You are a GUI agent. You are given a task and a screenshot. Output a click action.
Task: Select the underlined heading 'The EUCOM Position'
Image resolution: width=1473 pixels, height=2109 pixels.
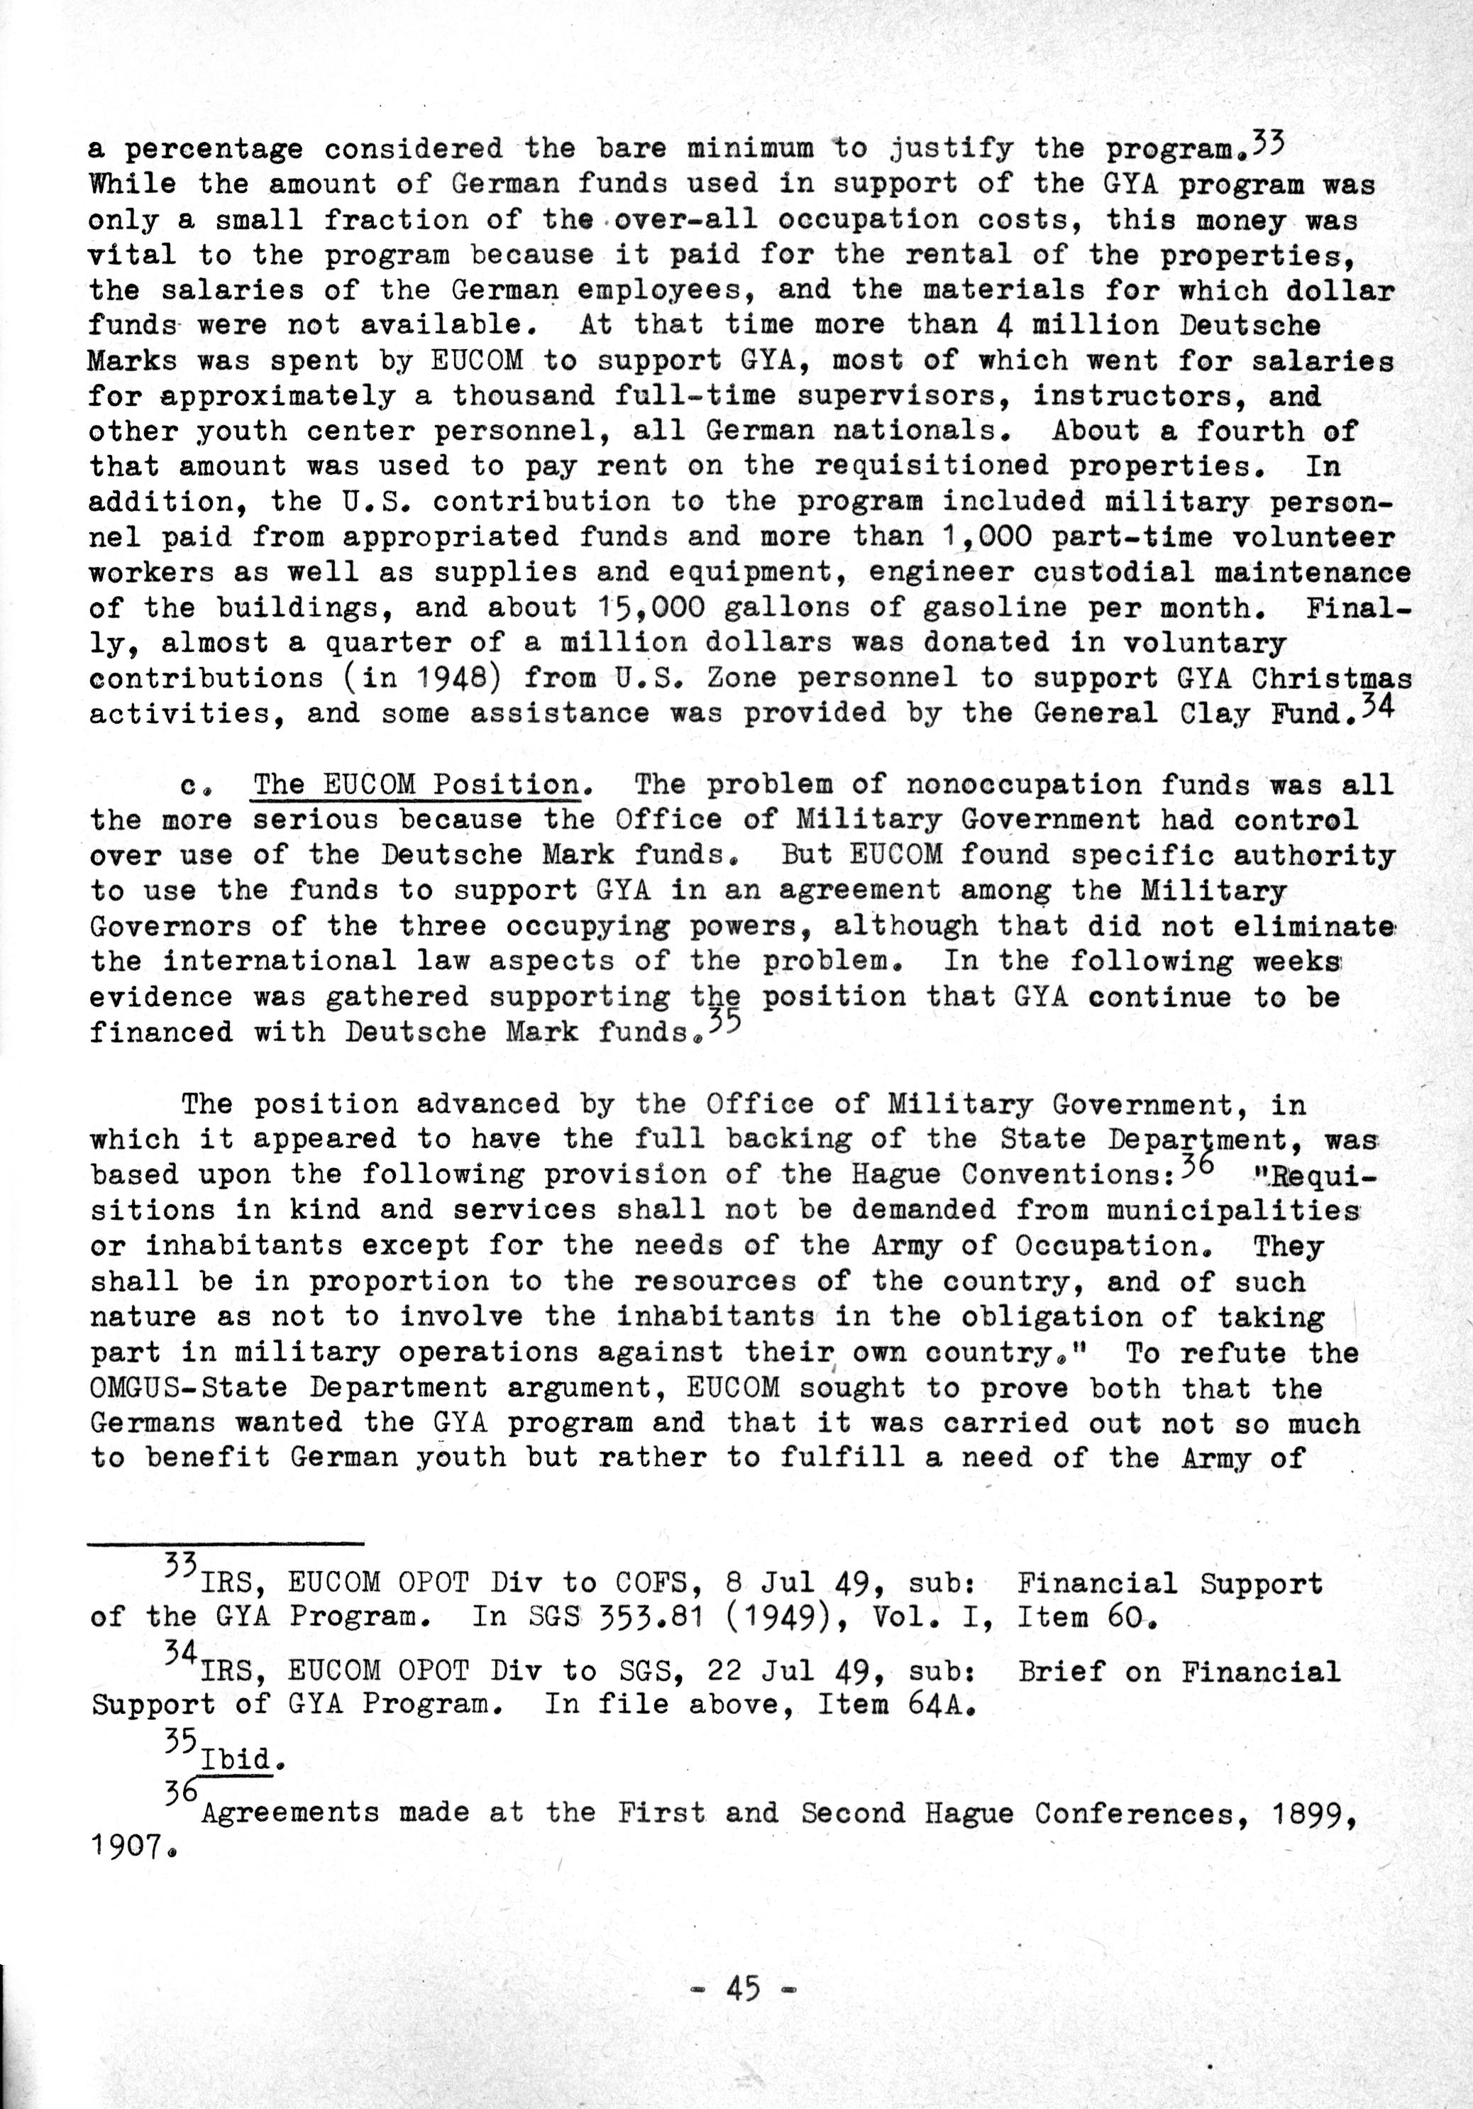click(x=416, y=786)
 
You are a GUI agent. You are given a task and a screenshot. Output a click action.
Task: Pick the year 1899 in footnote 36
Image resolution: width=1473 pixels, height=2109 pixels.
click(x=1314, y=1813)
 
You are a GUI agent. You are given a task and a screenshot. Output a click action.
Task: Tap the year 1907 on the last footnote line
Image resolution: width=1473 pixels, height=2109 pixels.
click(x=127, y=1847)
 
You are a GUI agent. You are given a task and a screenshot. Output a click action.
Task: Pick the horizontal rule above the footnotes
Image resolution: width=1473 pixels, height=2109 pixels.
click(x=226, y=1544)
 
